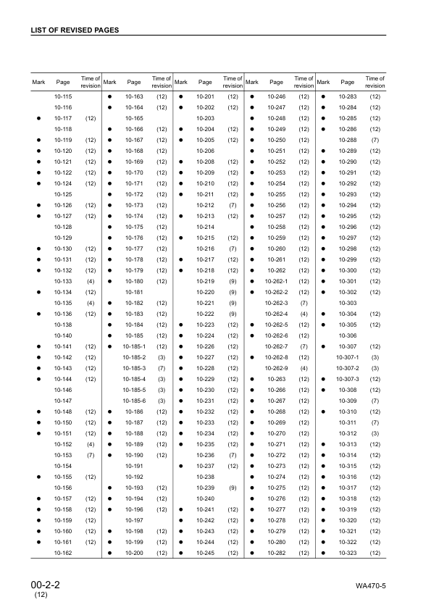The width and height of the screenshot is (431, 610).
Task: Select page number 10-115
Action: coord(63,97)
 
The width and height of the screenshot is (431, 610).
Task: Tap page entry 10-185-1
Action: coord(134,346)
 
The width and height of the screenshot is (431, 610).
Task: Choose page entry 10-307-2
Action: coord(348,369)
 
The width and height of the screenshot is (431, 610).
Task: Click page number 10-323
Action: coord(348,553)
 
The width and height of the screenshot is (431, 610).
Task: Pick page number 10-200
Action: coord(134,553)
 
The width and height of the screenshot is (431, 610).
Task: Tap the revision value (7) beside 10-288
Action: coord(375,140)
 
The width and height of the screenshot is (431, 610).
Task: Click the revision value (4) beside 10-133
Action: coord(91,281)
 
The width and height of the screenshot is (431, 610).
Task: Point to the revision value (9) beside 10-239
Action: coord(233,488)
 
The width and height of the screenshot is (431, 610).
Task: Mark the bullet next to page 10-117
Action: coord(38,118)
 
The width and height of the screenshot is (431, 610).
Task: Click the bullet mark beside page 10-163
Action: coord(109,97)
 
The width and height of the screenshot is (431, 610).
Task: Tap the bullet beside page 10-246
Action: coord(251,97)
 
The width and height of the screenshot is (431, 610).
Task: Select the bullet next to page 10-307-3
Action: coord(322,380)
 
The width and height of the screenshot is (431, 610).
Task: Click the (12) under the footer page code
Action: coord(41,595)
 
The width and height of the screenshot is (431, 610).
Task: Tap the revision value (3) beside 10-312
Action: coord(375,433)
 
